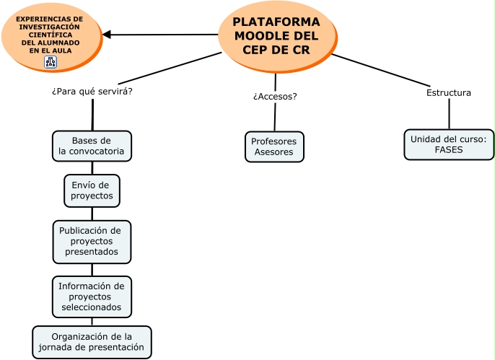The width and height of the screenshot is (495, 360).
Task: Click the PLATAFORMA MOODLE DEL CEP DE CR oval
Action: [276, 35]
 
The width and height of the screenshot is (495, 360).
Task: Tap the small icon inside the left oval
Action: [50, 62]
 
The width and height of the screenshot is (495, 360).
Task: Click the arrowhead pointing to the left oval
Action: [107, 35]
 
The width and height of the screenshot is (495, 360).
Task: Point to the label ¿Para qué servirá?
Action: [92, 92]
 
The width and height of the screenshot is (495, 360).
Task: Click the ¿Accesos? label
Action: [275, 96]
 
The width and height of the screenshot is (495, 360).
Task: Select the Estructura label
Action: [448, 93]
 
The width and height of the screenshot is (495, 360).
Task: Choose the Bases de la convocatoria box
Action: [92, 146]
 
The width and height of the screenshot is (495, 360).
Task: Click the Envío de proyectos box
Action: [92, 190]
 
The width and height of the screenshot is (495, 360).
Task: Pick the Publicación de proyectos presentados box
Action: [92, 242]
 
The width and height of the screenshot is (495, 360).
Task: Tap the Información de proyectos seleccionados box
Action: [92, 297]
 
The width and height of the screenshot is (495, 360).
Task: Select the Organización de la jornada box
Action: [92, 342]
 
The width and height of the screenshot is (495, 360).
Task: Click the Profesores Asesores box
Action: [274, 146]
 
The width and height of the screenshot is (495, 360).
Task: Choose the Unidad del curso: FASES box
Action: [448, 144]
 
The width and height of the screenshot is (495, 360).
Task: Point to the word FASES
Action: [448, 150]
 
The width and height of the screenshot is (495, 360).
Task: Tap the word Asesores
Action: [274, 152]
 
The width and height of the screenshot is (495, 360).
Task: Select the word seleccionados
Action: [92, 307]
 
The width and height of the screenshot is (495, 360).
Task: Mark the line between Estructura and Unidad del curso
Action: [449, 113]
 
